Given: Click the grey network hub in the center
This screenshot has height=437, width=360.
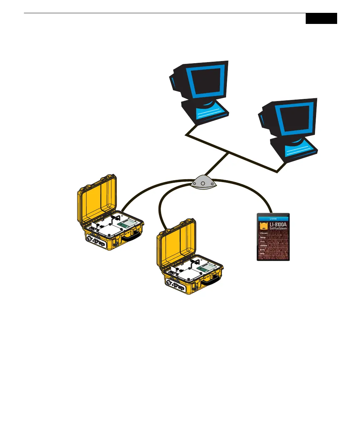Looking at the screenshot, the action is tap(202, 182).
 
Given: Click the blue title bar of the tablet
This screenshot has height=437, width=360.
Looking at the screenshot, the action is tap(273, 217).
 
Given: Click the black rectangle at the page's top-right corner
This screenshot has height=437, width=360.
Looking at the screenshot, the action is tap(321, 19).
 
